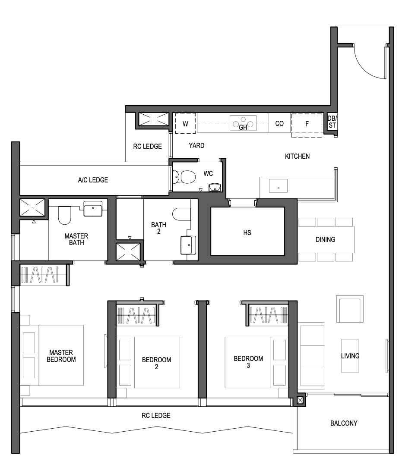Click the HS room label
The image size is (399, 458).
pyautogui.click(x=247, y=232)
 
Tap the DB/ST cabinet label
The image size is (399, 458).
pyautogui.click(x=332, y=122)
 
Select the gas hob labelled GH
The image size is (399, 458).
pyautogui.click(x=243, y=123)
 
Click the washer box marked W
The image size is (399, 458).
pyautogui.click(x=185, y=123)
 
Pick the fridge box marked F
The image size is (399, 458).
pyautogui.click(x=307, y=125)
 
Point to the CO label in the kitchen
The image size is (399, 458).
pyautogui.click(x=279, y=123)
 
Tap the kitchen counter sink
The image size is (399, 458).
pyautogui.click(x=278, y=186)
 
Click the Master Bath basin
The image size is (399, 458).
pyautogui.click(x=93, y=209)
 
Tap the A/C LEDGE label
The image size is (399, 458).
pyautogui.click(x=93, y=180)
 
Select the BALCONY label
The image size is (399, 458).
pyautogui.click(x=344, y=423)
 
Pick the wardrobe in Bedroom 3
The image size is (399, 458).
pyautogui.click(x=267, y=314)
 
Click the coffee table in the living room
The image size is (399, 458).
pyautogui.click(x=350, y=356)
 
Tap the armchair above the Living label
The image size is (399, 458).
pyautogui.click(x=350, y=309)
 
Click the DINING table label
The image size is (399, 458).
pyautogui.click(x=325, y=239)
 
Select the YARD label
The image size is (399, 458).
pyautogui.click(x=196, y=145)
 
